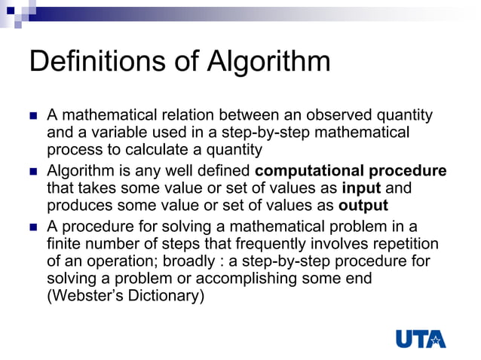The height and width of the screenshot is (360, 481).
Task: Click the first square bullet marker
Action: pos(32,116)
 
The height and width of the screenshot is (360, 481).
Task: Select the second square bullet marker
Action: pos(32,171)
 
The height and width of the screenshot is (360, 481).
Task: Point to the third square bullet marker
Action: pos(32,226)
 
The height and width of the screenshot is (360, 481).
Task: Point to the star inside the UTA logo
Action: pos(436,340)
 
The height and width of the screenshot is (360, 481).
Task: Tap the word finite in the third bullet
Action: pos(63,243)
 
